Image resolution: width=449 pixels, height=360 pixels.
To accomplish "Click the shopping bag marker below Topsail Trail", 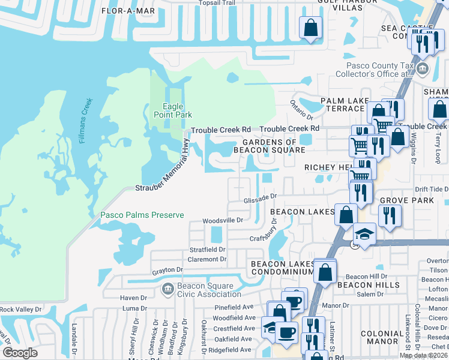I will pyautogui.click(x=310, y=28).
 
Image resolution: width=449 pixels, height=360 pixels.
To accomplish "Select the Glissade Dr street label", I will pyautogui.click(x=259, y=196).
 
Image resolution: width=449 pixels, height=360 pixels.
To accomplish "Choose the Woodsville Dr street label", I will pyautogui.click(x=222, y=220).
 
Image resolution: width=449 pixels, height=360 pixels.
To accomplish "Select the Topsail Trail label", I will pyautogui.click(x=218, y=2).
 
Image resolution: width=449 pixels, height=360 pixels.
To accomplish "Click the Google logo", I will pyautogui.click(x=20, y=353).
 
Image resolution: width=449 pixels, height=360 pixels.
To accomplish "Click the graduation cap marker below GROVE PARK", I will pyautogui.click(x=363, y=233).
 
